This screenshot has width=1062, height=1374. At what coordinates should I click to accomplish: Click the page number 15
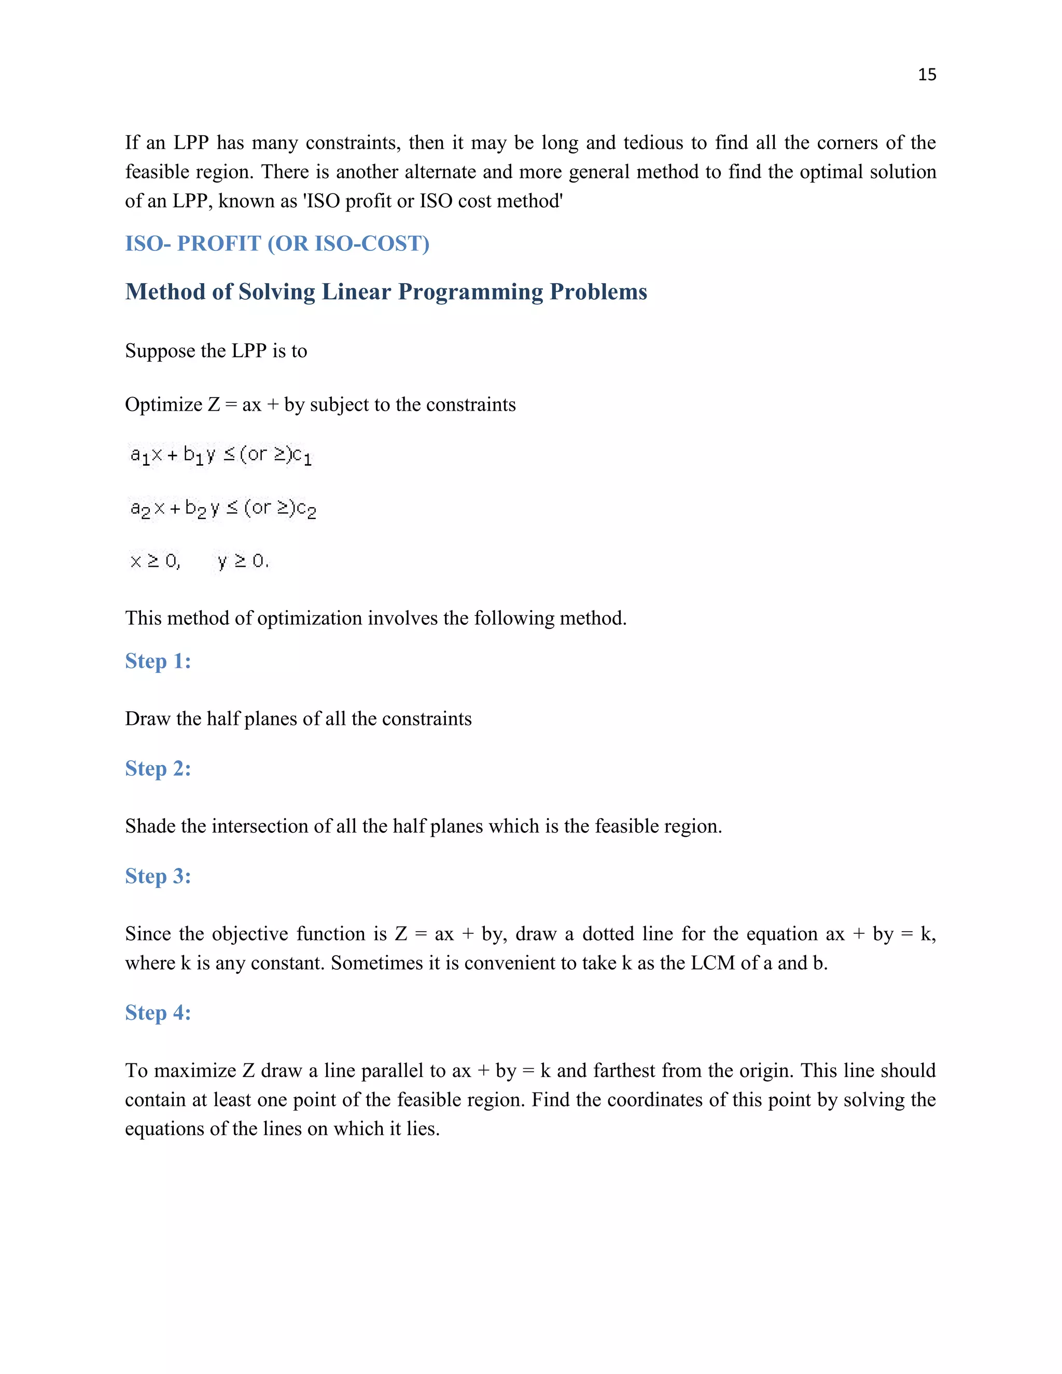tap(927, 75)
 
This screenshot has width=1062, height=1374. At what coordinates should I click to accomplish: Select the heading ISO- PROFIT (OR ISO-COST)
tap(277, 244)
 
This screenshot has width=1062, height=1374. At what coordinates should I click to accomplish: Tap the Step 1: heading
tap(158, 661)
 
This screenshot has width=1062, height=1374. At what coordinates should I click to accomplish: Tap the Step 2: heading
tap(158, 768)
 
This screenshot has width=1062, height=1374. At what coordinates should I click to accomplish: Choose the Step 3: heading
tap(158, 876)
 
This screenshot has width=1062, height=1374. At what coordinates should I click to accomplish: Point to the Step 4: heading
tap(158, 1012)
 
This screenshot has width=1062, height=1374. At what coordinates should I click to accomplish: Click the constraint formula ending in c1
tap(221, 455)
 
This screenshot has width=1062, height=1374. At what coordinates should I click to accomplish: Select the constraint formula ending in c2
tap(222, 508)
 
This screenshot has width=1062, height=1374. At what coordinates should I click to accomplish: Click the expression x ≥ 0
tap(155, 560)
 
